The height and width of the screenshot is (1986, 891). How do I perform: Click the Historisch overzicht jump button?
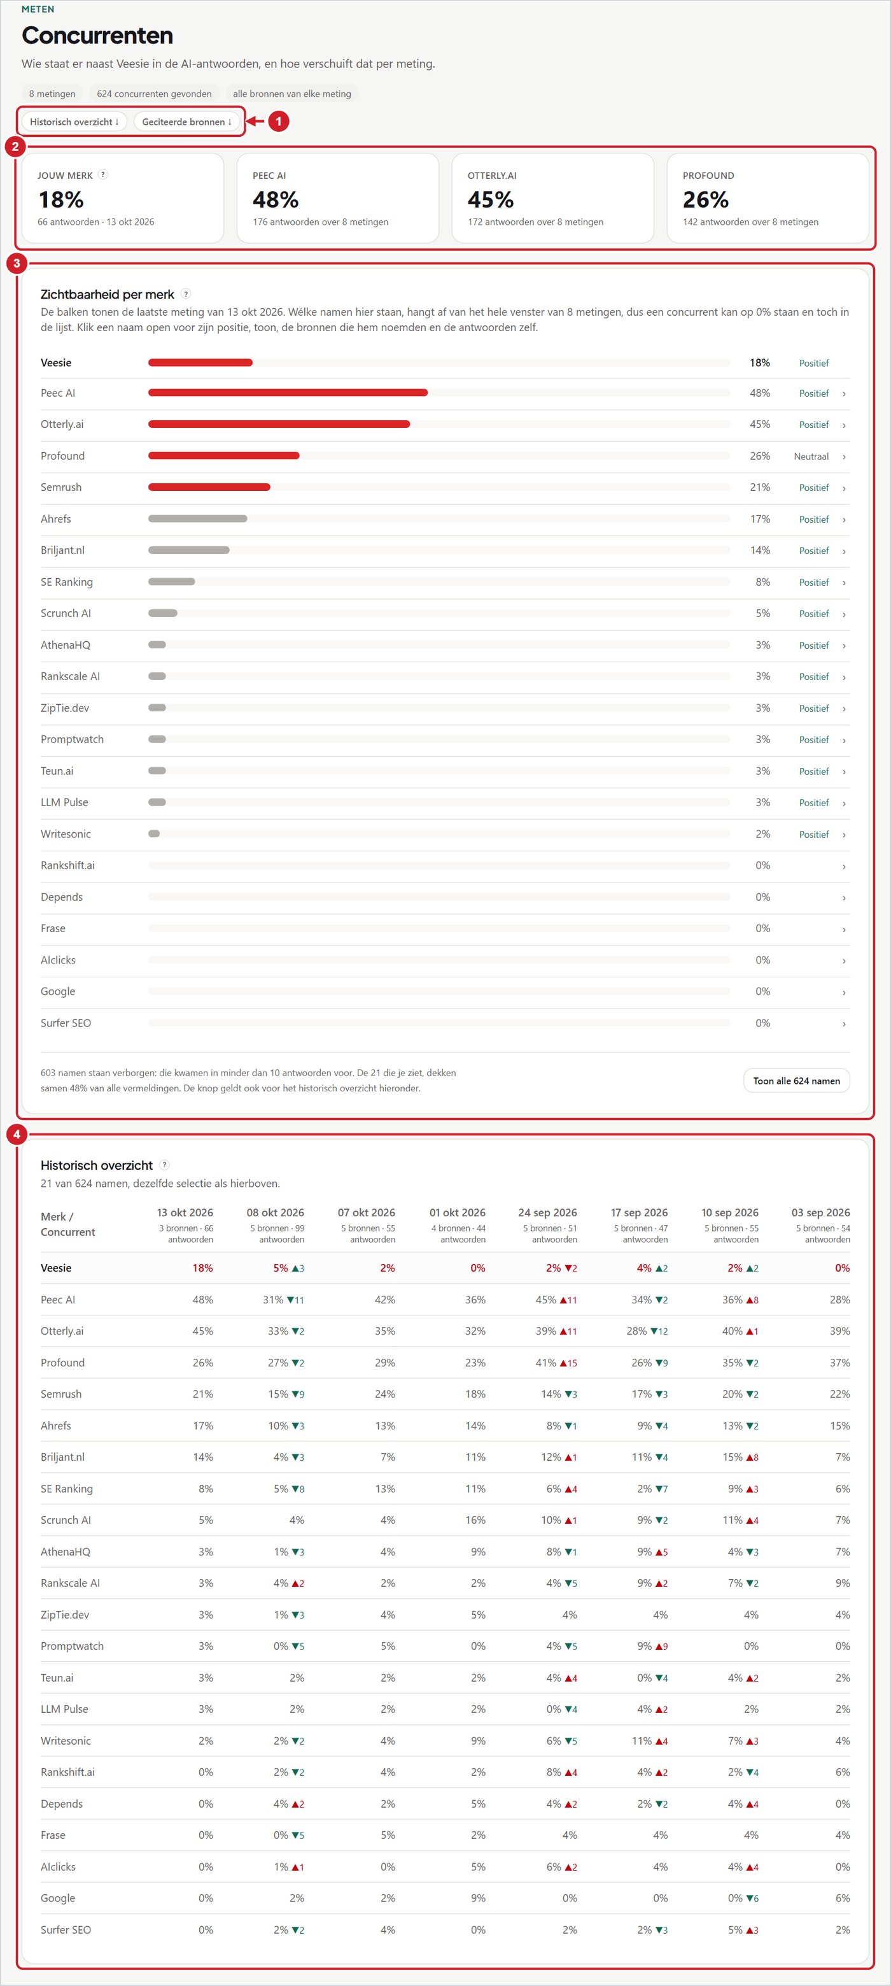point(74,122)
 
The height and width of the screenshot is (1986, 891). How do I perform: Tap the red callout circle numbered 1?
point(278,121)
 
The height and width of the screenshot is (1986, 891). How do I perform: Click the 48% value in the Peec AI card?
point(275,200)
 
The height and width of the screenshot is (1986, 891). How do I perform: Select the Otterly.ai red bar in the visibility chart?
point(279,424)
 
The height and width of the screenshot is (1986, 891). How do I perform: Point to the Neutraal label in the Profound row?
point(811,457)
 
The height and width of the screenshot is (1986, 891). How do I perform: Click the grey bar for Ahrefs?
point(197,519)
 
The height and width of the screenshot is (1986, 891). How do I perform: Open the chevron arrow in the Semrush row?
point(844,488)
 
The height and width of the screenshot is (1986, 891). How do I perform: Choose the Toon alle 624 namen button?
point(796,1081)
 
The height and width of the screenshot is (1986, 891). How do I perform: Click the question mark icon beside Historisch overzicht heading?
point(164,1165)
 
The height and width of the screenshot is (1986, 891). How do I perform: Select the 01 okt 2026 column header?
point(457,1213)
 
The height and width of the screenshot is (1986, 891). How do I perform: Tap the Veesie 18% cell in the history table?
point(203,1268)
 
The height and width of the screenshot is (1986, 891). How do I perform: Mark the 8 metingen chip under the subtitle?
point(52,94)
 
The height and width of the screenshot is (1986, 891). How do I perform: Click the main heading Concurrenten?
point(97,36)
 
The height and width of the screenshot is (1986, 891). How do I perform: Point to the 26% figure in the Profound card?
point(705,200)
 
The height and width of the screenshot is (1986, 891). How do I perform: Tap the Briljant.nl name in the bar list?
point(62,551)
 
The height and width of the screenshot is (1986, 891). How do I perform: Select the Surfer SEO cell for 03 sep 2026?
point(843,1930)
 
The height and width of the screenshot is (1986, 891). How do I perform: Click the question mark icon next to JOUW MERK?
point(103,175)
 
